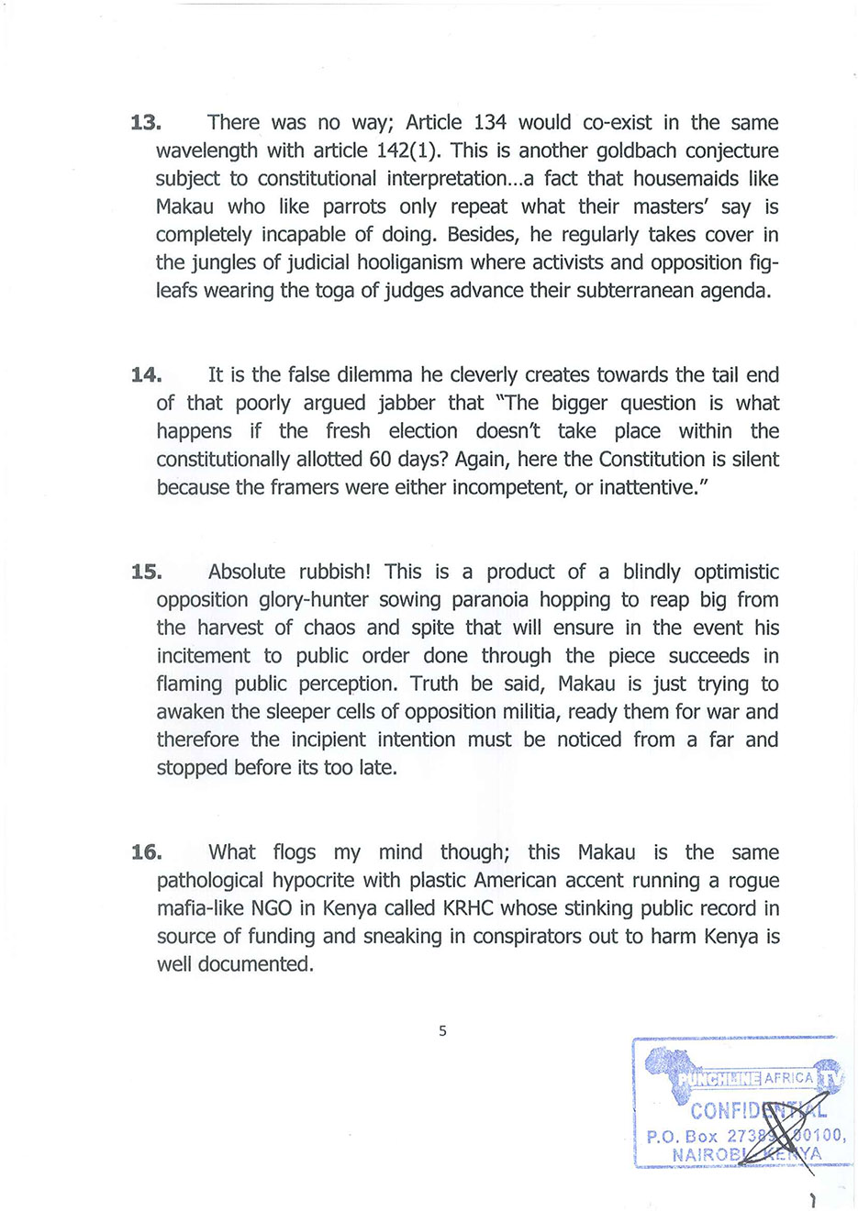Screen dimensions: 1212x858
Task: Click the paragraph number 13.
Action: [x=146, y=123]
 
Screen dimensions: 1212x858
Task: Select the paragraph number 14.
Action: [x=146, y=375]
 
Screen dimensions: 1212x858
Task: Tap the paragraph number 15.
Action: [x=146, y=573]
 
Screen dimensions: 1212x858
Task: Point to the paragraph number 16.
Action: [x=146, y=852]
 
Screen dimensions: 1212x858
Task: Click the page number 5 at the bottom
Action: [x=442, y=1030]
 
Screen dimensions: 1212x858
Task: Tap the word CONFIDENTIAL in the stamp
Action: [x=758, y=1111]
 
